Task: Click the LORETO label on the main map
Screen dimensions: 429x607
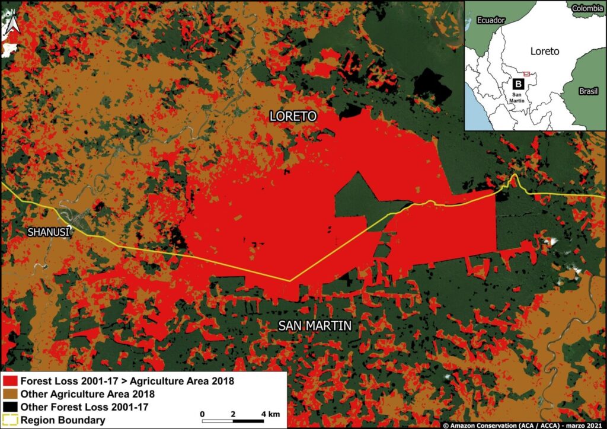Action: [x=293, y=116]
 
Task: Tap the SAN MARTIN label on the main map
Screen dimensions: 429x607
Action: [x=315, y=325]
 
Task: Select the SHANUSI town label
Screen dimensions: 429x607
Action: [x=49, y=232]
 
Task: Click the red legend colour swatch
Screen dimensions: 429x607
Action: [x=10, y=380]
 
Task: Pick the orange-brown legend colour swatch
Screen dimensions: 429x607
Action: [x=10, y=394]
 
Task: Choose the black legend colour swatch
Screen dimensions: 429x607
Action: [x=10, y=408]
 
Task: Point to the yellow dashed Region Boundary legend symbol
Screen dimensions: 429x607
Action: [x=10, y=421]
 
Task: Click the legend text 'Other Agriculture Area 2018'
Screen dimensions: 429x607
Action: [x=88, y=394]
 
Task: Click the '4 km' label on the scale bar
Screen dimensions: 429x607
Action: [x=269, y=413]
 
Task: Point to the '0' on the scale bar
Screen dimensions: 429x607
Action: [x=203, y=413]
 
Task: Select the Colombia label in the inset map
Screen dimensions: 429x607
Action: [x=589, y=8]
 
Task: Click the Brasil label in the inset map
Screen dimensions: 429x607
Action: [x=589, y=92]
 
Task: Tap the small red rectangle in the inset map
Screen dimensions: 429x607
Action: [x=526, y=73]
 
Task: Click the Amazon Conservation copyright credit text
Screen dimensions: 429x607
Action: [x=524, y=425]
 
